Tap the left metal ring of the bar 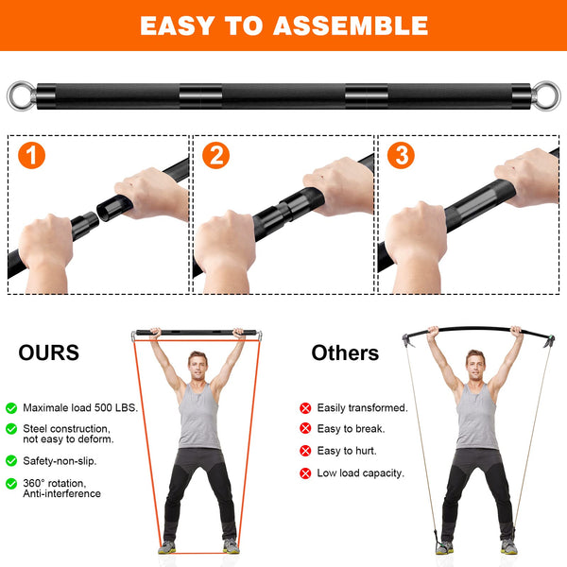[x=20, y=96]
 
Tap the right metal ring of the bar [x=547, y=96]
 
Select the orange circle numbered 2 [x=216, y=156]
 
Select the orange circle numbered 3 [x=401, y=156]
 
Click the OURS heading [x=49, y=353]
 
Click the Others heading [x=345, y=353]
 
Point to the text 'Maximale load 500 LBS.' [x=81, y=407]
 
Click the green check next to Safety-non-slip [x=11, y=461]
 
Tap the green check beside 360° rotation [x=11, y=484]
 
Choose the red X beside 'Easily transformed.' [x=305, y=408]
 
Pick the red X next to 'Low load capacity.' [x=305, y=472]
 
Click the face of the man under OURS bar [x=198, y=364]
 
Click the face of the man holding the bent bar [x=475, y=363]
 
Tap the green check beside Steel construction [x=11, y=429]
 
